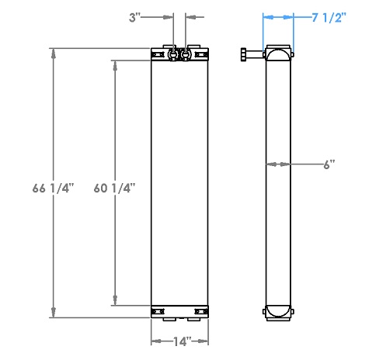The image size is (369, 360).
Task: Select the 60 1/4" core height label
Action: click(x=114, y=188)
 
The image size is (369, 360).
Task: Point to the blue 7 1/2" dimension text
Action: click(x=329, y=17)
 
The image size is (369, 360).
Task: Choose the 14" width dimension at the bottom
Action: click(x=179, y=340)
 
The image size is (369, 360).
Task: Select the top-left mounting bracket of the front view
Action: click(x=158, y=55)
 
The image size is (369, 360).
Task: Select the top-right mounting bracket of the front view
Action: click(x=201, y=55)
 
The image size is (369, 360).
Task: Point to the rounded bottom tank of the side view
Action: click(x=279, y=311)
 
